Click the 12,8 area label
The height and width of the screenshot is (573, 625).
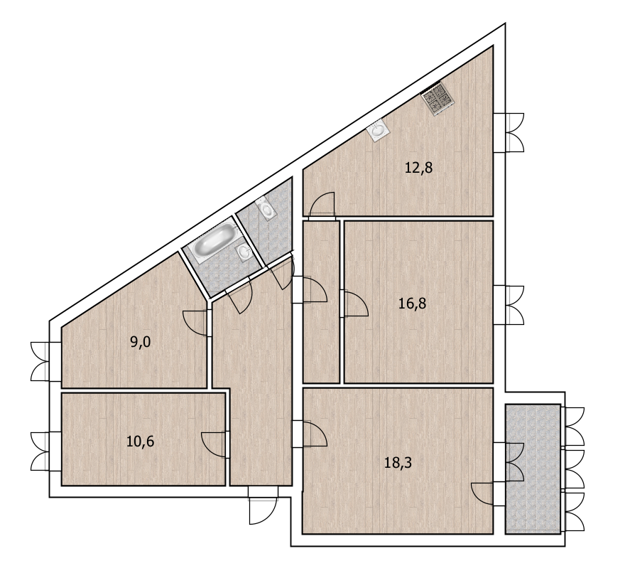click(x=418, y=168)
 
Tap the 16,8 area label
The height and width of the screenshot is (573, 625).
click(x=412, y=304)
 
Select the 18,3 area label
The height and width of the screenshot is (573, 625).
click(x=398, y=463)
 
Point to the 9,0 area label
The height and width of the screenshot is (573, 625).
click(x=141, y=343)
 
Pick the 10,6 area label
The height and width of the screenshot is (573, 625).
click(x=141, y=441)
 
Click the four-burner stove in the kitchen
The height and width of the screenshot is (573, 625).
click(x=437, y=99)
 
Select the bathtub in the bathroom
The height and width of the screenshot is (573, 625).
click(x=213, y=240)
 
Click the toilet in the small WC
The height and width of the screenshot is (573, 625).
click(x=266, y=210)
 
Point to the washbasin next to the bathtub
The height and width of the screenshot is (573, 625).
click(x=243, y=252)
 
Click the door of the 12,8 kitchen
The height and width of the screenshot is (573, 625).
click(x=322, y=206)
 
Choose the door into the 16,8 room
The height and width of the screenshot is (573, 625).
click(x=354, y=304)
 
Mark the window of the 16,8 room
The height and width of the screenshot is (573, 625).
click(x=509, y=305)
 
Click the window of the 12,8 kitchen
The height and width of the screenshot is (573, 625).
click(x=509, y=132)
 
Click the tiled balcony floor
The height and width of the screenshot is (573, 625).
click(x=533, y=469)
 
